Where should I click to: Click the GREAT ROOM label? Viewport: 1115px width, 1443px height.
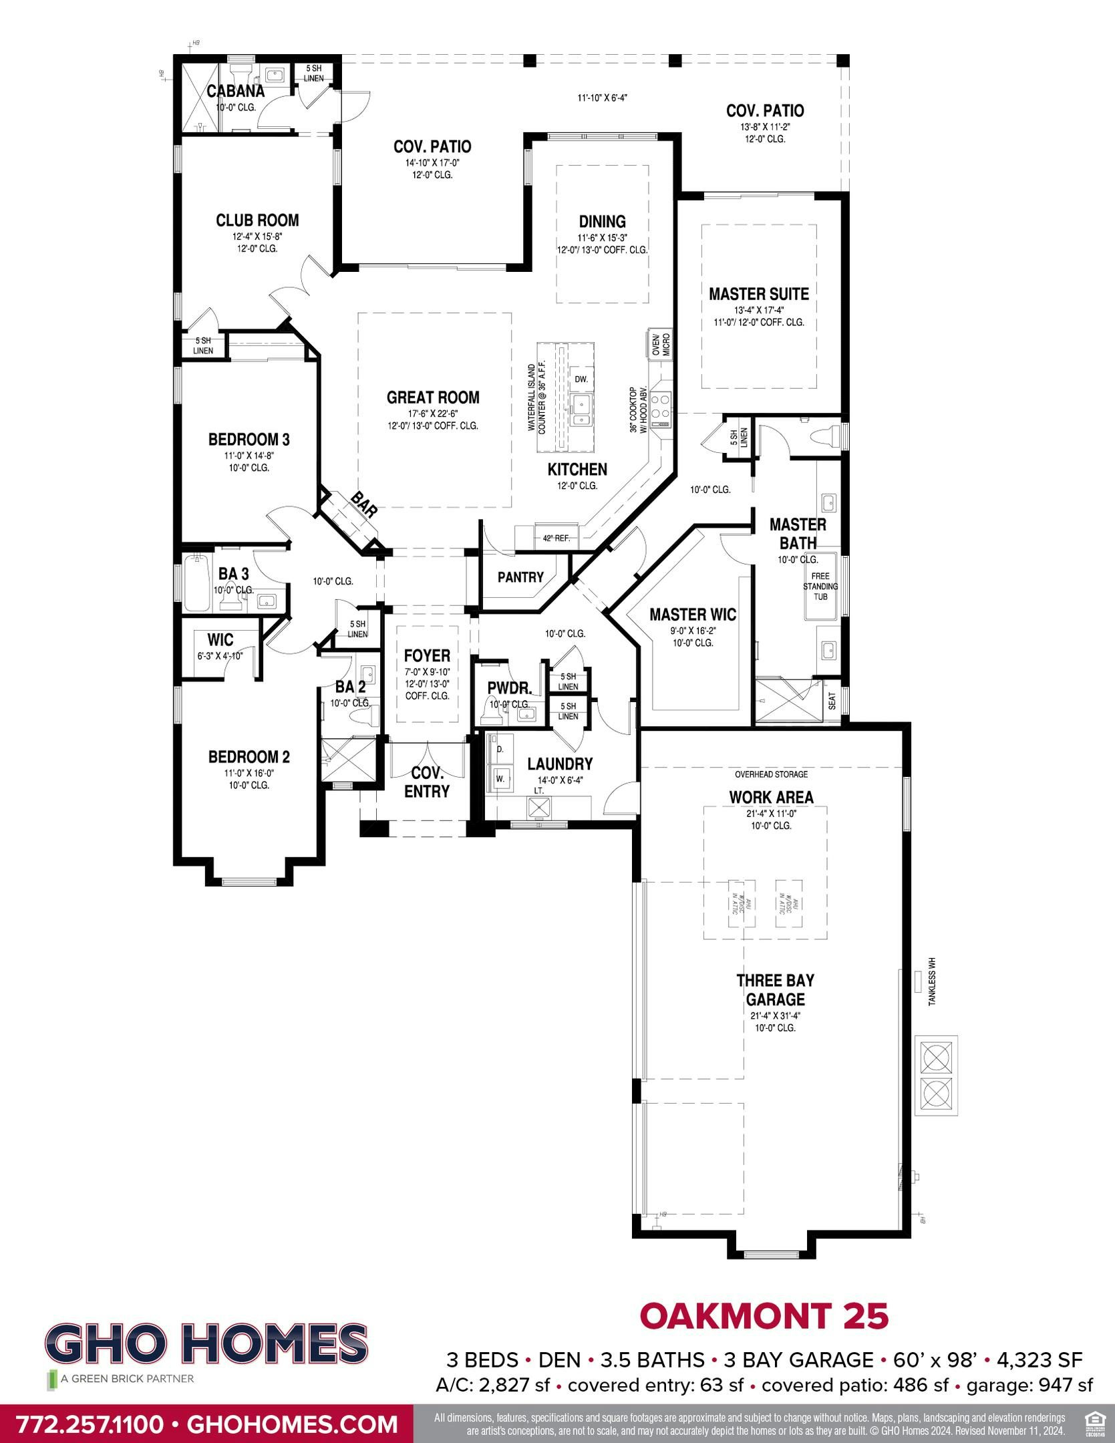coord(433,397)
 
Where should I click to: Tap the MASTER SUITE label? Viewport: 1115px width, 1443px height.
coord(758,294)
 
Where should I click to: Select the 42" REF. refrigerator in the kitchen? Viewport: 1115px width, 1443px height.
coord(556,538)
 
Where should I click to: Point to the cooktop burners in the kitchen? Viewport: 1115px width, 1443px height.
coord(662,404)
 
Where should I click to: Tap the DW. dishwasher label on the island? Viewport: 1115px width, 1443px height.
coord(581,379)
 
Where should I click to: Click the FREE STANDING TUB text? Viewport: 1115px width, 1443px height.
coord(820,586)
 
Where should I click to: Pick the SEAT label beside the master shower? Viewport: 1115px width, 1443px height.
coord(832,701)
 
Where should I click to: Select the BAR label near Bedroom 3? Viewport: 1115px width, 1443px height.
coord(365,505)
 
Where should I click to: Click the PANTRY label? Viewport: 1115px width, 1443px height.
coord(520,577)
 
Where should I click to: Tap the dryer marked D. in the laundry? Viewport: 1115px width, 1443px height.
coord(500,750)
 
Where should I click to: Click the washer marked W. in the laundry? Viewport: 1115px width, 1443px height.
coord(500,777)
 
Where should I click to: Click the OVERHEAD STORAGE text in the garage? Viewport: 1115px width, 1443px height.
coord(771,774)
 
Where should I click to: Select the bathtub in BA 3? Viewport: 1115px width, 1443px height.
coord(198,583)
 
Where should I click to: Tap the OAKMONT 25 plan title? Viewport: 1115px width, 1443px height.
coord(764,1315)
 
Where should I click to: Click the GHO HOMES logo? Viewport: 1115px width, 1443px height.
coord(207,1341)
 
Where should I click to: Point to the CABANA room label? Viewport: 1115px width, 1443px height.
coord(235,92)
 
